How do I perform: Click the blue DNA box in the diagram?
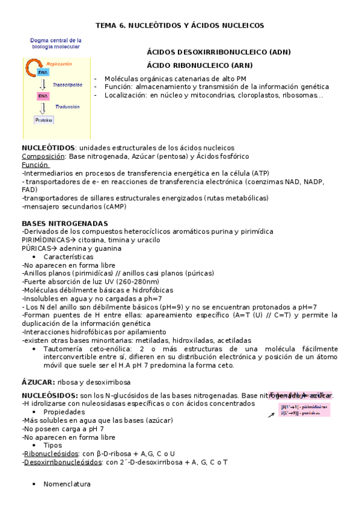pyautogui.click(x=43, y=72)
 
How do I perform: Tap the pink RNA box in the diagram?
pyautogui.click(x=43, y=96)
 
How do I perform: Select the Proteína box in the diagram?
pyautogui.click(x=43, y=120)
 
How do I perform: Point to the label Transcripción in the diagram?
pyautogui.click(x=67, y=85)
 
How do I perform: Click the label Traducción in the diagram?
pyautogui.click(x=67, y=106)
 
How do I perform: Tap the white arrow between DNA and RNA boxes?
pyautogui.click(x=43, y=84)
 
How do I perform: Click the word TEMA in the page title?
pyautogui.click(x=107, y=25)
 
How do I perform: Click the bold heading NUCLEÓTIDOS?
pyautogui.click(x=49, y=147)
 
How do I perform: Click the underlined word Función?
pyautogui.click(x=35, y=164)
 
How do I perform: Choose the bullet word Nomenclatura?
pyautogui.click(x=67, y=484)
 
